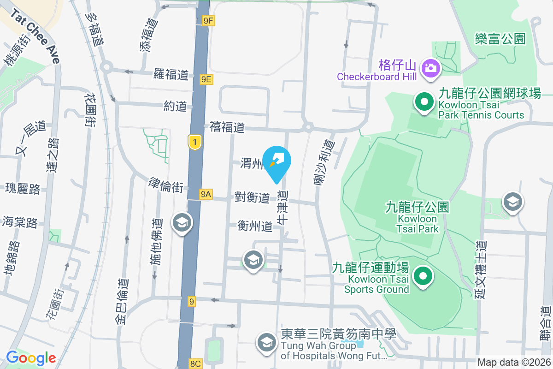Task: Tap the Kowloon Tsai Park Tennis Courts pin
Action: point(424,102)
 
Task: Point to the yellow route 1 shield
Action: point(195,142)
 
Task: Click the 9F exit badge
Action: point(208,20)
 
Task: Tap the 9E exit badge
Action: point(206,79)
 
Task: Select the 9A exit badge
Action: point(206,195)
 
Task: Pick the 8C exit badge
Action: point(195,364)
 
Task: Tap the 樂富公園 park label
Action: point(500,38)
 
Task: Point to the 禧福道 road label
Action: point(227,127)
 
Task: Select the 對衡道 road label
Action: point(252,198)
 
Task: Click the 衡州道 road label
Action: point(255,226)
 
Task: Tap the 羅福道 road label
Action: point(171,74)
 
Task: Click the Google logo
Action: point(31,358)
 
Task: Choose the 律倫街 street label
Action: point(165,186)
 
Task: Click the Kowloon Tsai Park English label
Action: point(417,223)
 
